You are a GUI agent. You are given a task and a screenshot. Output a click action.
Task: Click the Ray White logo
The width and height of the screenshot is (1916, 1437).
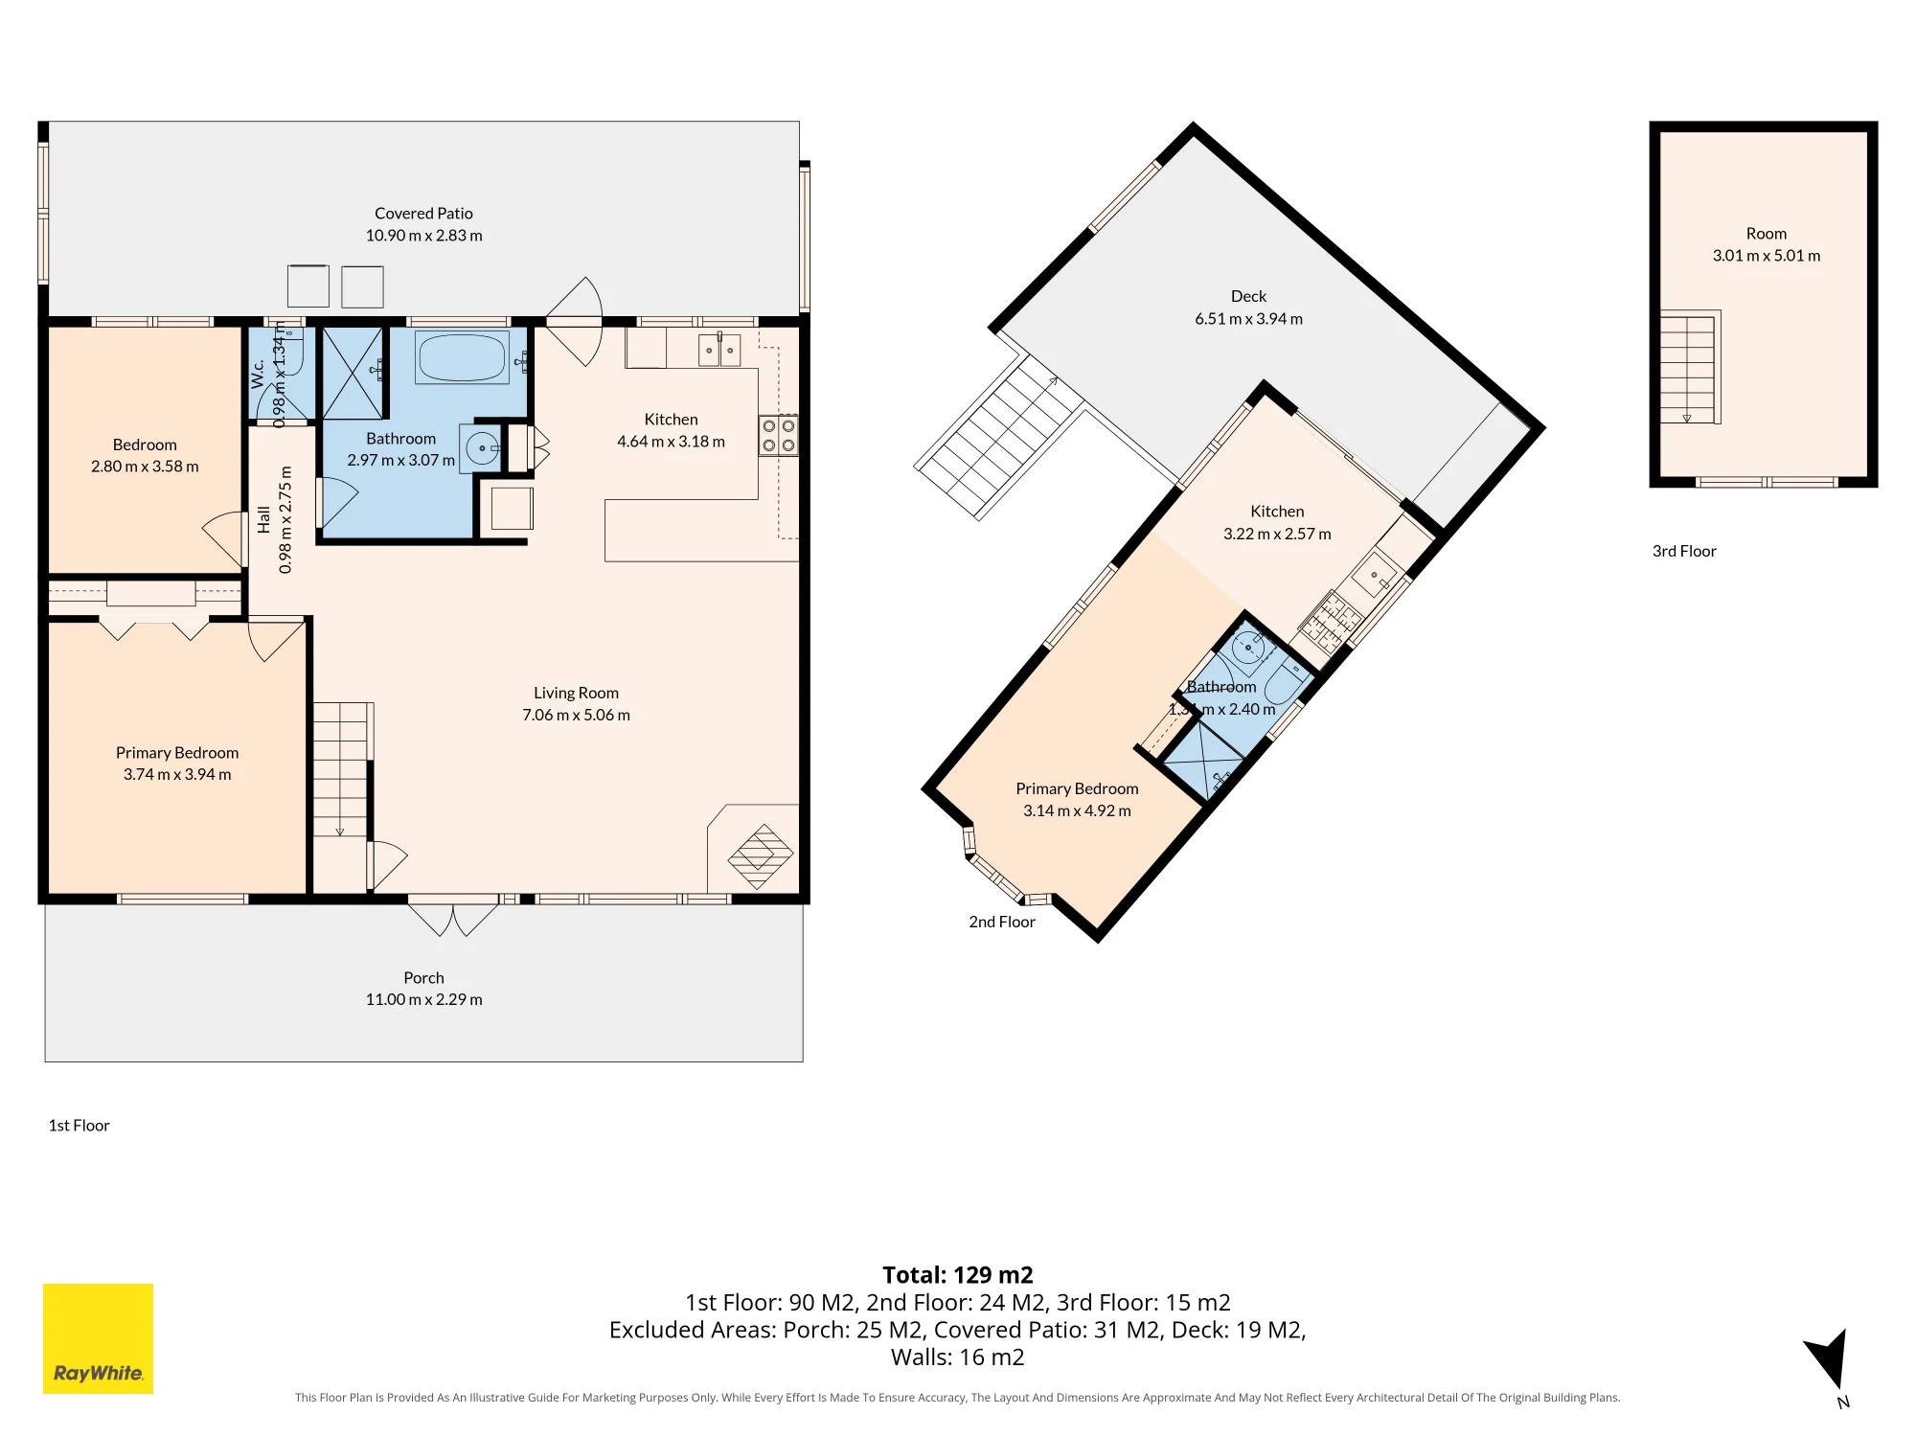tap(98, 1338)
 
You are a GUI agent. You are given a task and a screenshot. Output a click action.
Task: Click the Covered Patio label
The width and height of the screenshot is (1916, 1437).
tap(423, 214)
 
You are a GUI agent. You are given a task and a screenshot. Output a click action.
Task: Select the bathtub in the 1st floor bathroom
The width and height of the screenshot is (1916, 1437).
tap(462, 357)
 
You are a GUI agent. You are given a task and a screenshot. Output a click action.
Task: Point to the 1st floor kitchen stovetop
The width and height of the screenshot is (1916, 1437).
tap(778, 435)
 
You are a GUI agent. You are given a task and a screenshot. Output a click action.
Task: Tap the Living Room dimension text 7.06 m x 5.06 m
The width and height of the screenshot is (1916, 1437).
tap(576, 716)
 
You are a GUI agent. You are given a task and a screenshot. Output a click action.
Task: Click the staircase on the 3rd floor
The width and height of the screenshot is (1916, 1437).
tap(1688, 369)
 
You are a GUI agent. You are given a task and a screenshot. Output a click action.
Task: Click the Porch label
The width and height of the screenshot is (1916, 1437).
tap(423, 978)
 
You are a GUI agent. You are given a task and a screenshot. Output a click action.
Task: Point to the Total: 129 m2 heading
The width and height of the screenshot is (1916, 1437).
tap(958, 1275)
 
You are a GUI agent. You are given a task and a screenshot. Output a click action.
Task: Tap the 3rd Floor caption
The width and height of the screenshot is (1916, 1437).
tap(1684, 552)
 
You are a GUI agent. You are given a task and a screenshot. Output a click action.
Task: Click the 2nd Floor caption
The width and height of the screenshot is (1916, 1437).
tap(1002, 922)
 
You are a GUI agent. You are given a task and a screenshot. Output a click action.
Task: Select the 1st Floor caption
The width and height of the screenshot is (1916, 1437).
tap(79, 1126)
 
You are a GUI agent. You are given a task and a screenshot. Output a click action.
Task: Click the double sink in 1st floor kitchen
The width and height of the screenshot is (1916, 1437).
tap(718, 350)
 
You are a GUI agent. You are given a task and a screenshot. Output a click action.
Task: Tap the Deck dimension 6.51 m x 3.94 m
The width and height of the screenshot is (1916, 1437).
tap(1248, 319)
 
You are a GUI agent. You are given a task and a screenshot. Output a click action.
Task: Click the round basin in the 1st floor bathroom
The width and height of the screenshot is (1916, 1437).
tap(482, 447)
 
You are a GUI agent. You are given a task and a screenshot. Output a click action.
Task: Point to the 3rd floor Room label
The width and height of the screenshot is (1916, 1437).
tap(1767, 234)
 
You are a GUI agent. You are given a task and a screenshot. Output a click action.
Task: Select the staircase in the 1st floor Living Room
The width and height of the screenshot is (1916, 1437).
tap(341, 771)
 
